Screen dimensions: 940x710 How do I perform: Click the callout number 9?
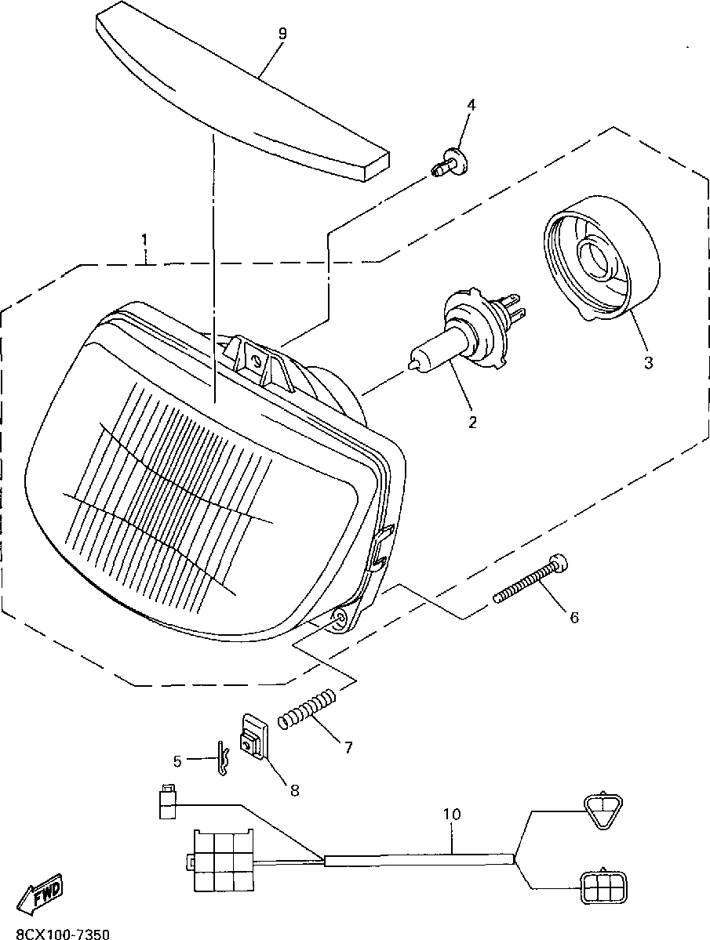coord(282,33)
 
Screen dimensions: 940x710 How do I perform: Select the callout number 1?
coord(144,237)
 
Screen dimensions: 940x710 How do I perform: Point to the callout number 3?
coord(648,363)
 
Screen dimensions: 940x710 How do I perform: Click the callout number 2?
coord(472,422)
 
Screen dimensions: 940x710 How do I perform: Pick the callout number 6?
coord(574,618)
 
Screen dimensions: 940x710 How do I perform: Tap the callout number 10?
coord(451,814)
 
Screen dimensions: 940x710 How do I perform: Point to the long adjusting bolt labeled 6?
coord(530,579)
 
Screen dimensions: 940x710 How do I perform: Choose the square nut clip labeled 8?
coord(254,737)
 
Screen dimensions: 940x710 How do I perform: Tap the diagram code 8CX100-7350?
coord(55,933)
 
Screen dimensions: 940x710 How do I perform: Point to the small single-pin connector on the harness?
coord(165,801)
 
